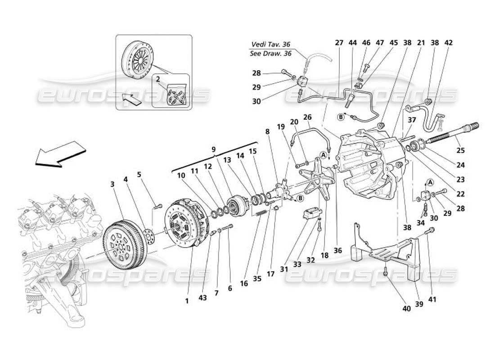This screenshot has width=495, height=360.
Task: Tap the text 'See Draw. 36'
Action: tap(270, 53)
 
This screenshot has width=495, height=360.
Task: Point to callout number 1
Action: tap(187, 301)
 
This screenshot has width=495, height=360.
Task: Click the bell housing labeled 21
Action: tap(369, 162)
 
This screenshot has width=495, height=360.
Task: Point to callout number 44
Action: tap(353, 43)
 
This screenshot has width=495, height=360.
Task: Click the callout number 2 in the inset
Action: tap(158, 78)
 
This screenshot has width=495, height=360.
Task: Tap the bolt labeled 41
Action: tap(430, 231)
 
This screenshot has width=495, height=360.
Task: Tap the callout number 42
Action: tap(448, 43)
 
